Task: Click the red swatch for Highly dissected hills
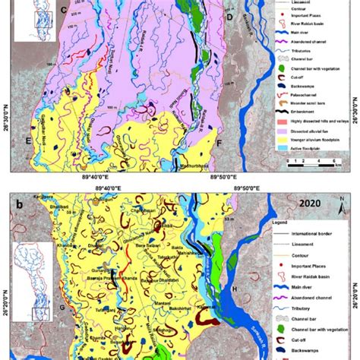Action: [279, 118]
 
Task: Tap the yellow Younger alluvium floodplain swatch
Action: [279, 138]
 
